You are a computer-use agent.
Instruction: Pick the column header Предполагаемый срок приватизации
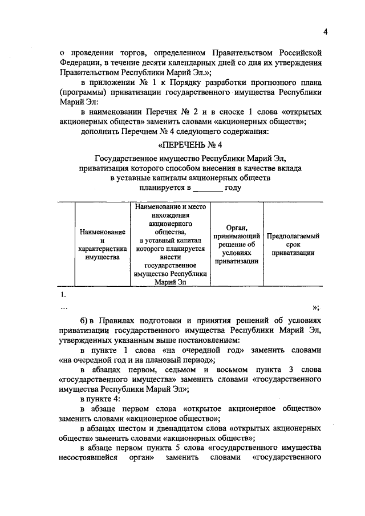click(293, 244)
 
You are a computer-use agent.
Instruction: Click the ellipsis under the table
click(64, 308)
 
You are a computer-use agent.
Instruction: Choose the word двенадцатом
click(166, 428)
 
